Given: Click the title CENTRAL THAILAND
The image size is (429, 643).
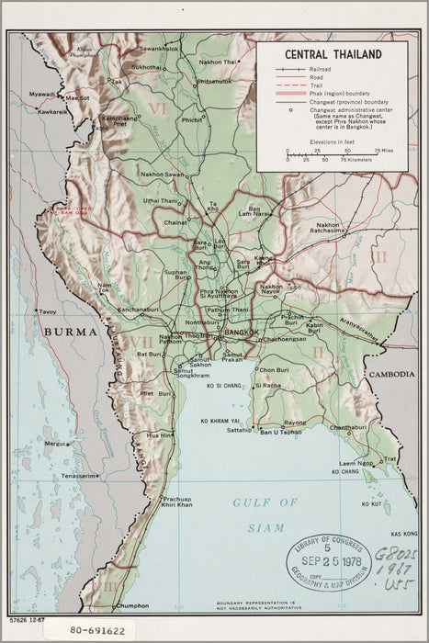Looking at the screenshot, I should pos(333,55).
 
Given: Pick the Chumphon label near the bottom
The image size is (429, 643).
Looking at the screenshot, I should pos(132,605).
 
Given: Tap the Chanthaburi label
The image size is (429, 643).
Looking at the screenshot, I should pos(347,427).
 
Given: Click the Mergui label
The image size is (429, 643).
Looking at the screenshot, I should pos(53,443).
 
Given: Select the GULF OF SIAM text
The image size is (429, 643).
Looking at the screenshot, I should pos(265,515).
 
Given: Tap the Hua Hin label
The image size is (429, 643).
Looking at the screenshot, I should pos(157,434).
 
